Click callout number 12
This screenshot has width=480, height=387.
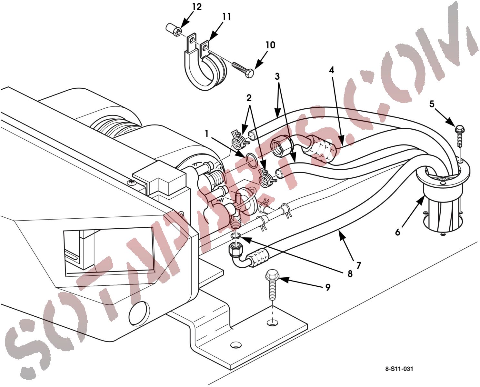197,7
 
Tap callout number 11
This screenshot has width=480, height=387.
226,17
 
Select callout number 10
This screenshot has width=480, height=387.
270,45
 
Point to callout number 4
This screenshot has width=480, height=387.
332,70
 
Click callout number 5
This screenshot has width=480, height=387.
432,104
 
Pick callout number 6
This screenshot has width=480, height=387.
398,233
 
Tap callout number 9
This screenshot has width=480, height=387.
327,288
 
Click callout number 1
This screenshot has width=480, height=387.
207,134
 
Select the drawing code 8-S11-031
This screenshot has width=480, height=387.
399,369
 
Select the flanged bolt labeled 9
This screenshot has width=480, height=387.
272,285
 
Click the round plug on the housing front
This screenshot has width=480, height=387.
139,313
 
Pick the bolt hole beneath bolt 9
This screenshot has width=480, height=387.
272,322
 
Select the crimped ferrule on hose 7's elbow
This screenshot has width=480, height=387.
259,255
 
